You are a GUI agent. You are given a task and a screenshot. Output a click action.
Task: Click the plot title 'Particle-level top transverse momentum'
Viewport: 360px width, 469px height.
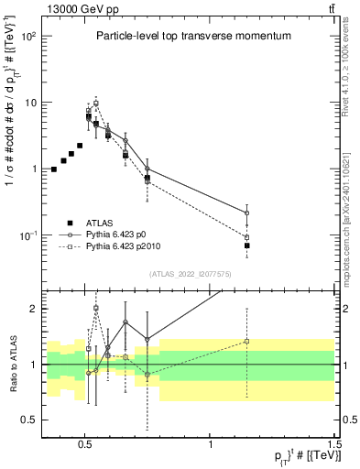pos(193,36)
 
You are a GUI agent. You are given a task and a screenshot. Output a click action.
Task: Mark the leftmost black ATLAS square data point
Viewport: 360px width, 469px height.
pos(53,169)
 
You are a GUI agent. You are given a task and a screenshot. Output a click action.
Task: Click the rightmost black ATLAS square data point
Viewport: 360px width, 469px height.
pos(247,245)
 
